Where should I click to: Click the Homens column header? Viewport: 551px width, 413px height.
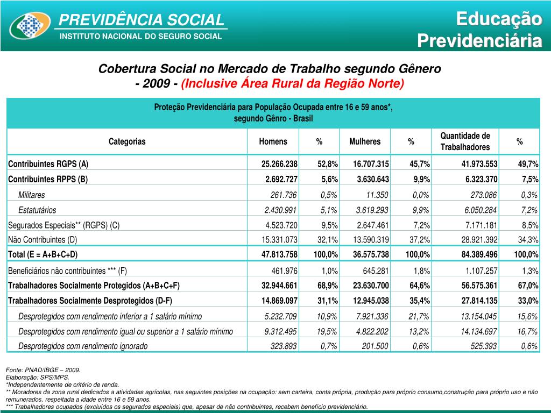point(273,141)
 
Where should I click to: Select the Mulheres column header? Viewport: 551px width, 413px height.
point(364,141)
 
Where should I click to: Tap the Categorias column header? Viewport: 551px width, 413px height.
point(127,141)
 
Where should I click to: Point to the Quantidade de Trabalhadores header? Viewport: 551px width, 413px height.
point(465,141)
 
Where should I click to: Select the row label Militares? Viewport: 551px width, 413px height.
point(32,195)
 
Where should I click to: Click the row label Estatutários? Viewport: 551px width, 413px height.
point(37,210)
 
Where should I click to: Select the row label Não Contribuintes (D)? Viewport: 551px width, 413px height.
point(43,240)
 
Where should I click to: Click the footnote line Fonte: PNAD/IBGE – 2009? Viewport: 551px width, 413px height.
point(43,371)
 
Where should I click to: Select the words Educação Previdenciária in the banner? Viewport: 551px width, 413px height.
point(480,30)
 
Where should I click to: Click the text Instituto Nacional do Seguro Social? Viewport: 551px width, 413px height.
point(140,37)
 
